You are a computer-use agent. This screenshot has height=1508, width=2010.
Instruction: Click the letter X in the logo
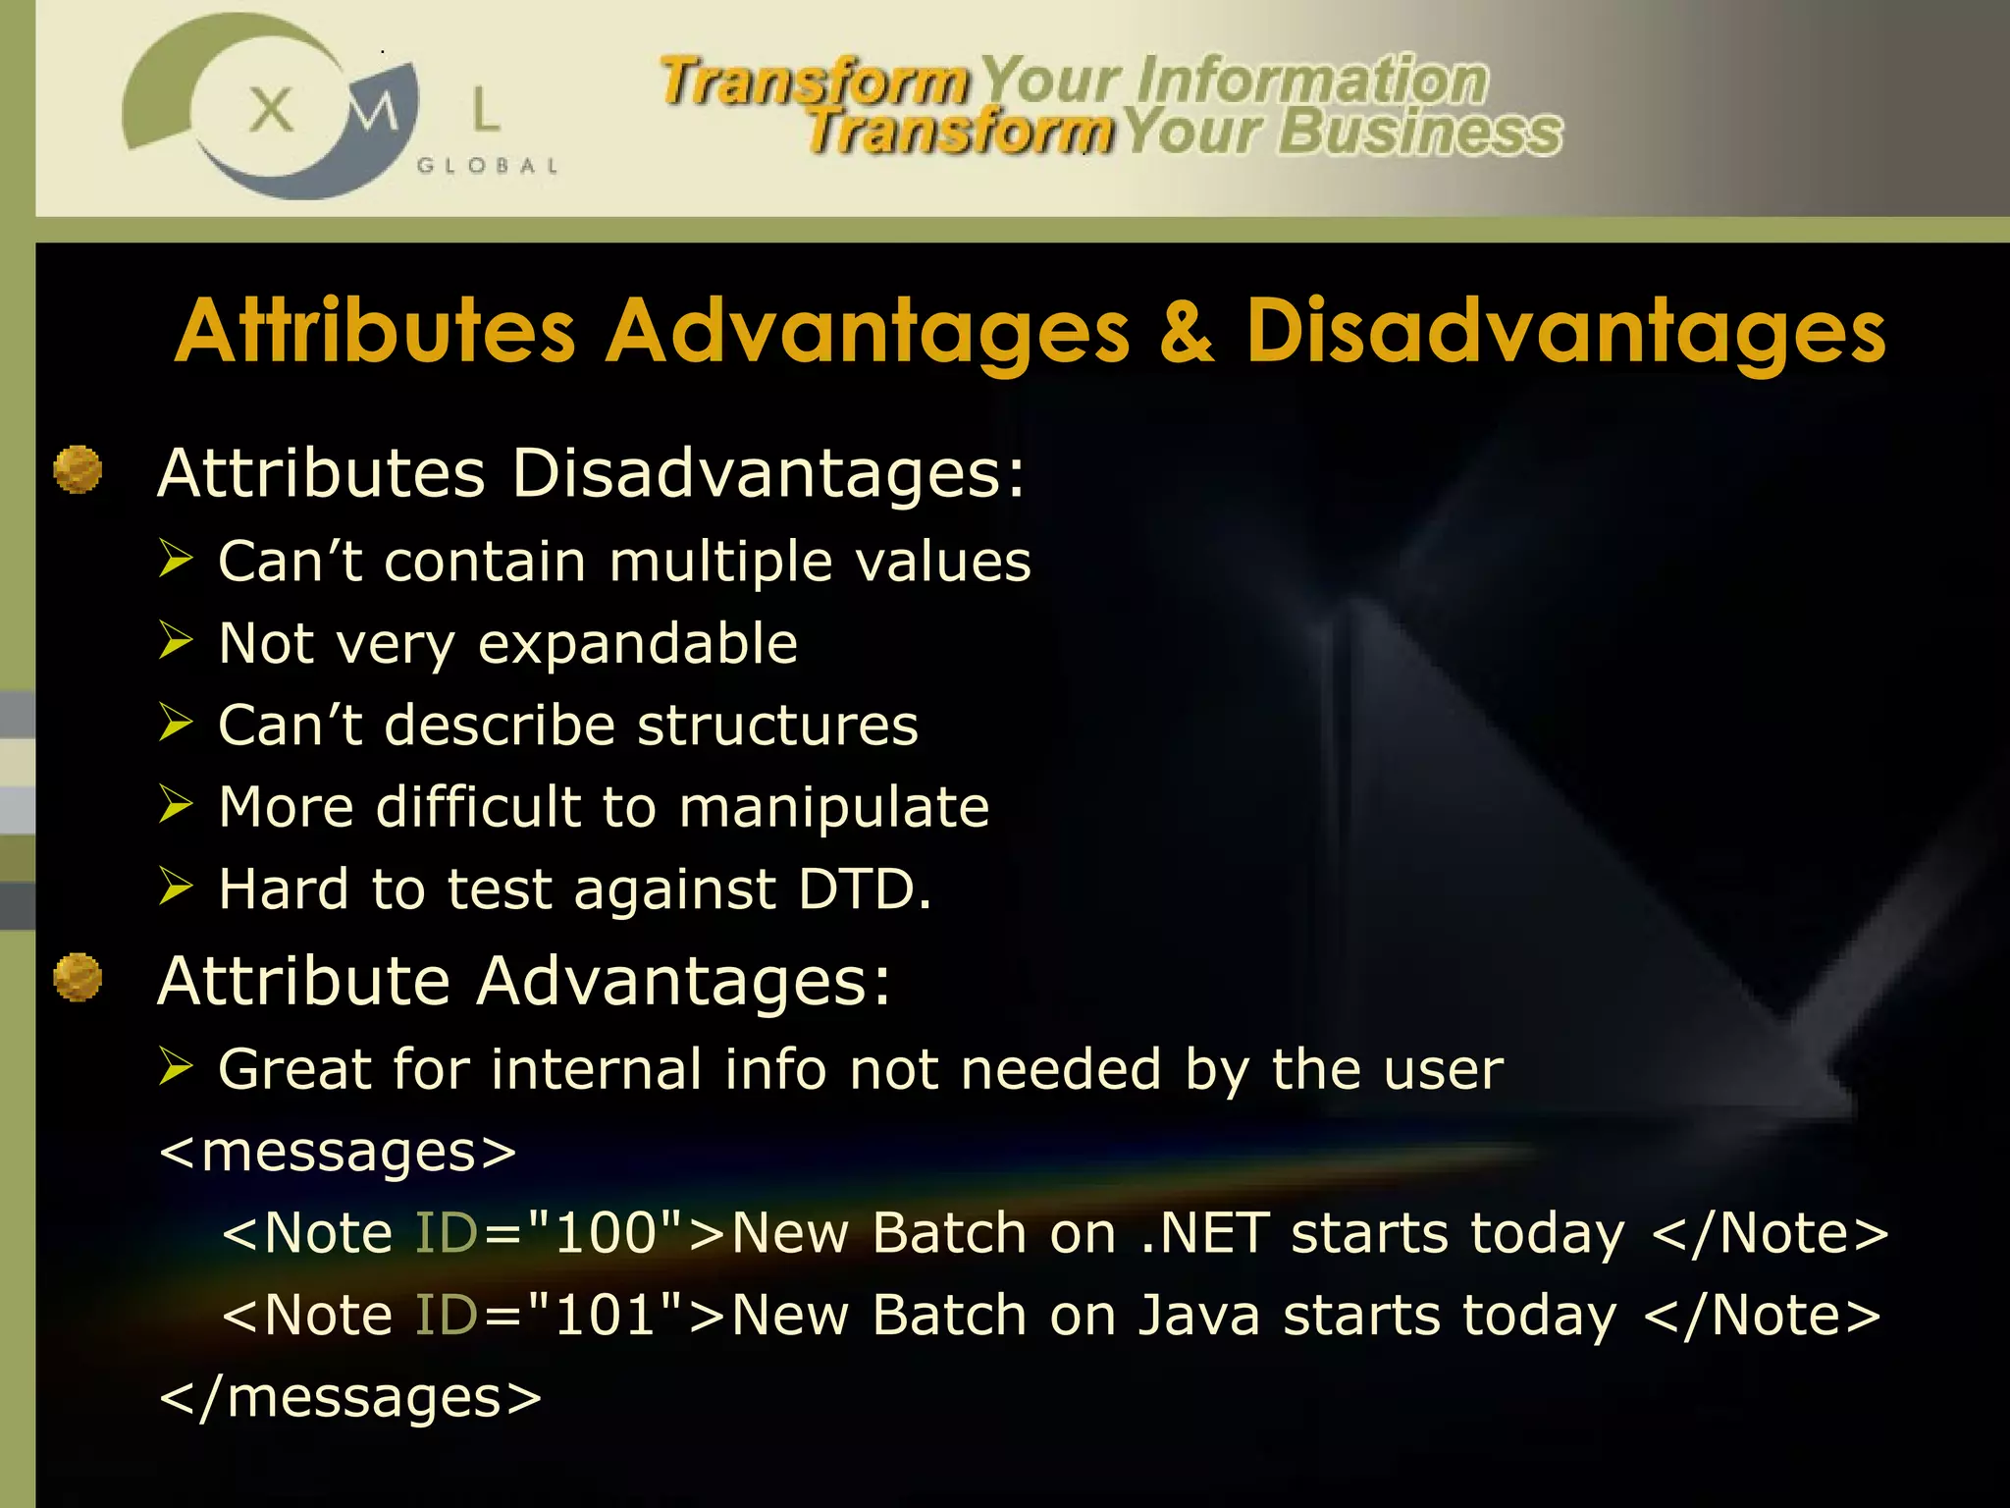pyautogui.click(x=271, y=109)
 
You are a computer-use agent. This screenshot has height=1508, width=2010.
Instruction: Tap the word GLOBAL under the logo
pyautogui.click(x=488, y=166)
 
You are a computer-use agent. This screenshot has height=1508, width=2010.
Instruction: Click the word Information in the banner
pyautogui.click(x=1312, y=80)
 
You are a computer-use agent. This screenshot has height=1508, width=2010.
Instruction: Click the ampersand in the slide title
pyautogui.click(x=1187, y=332)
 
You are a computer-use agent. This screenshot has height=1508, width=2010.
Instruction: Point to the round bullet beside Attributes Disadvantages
pyautogui.click(x=78, y=469)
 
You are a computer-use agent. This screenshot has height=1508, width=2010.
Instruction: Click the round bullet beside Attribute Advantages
pyautogui.click(x=78, y=977)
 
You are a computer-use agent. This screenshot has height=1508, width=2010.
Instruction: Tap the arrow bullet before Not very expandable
pyautogui.click(x=177, y=641)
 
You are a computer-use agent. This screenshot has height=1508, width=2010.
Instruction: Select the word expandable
pyautogui.click(x=638, y=644)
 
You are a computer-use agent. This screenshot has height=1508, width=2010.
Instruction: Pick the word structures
pyautogui.click(x=777, y=726)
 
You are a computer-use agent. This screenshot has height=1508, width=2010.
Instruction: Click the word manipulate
pyautogui.click(x=834, y=808)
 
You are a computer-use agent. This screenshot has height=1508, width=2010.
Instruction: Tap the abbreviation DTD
pyautogui.click(x=864, y=889)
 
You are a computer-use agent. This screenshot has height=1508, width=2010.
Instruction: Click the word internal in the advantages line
pyautogui.click(x=597, y=1068)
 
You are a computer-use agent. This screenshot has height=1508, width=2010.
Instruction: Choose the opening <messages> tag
pyautogui.click(x=338, y=1152)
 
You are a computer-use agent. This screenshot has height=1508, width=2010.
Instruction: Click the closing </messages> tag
pyautogui.click(x=350, y=1397)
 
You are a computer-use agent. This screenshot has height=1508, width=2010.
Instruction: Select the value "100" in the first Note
pyautogui.click(x=605, y=1233)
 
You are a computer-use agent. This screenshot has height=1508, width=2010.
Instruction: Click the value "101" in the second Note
pyautogui.click(x=605, y=1316)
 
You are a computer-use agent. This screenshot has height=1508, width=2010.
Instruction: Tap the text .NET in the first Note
pyautogui.click(x=1205, y=1233)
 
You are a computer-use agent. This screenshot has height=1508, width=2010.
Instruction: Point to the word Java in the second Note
pyautogui.click(x=1198, y=1316)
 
